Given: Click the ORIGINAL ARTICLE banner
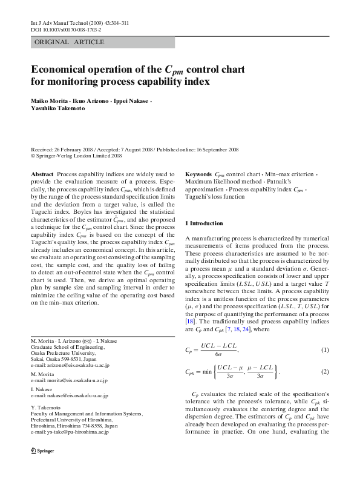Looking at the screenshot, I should pyautogui.click(x=70, y=42).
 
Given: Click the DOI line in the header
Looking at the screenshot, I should pyautogui.click(x=66, y=29).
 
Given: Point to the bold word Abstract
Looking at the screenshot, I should pyautogui.click(x=42, y=174).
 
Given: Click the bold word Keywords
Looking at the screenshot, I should pyautogui.click(x=198, y=174).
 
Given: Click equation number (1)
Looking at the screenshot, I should pyautogui.click(x=324, y=350).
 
